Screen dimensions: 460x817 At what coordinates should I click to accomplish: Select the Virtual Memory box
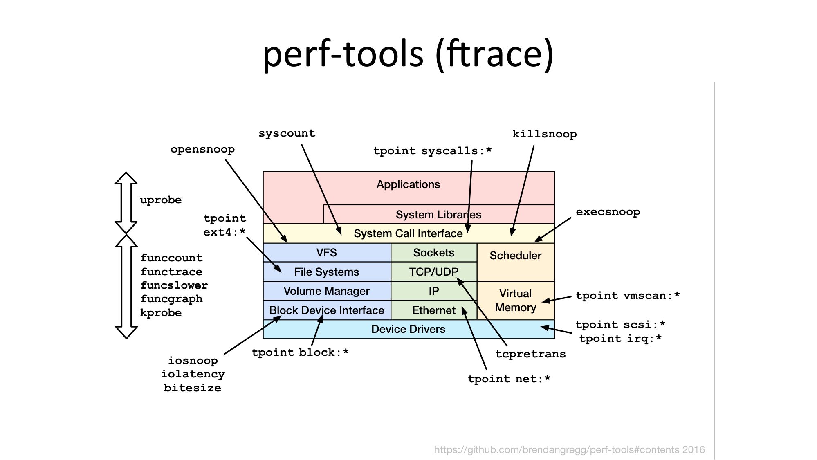[515, 301]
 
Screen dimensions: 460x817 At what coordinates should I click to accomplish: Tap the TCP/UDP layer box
[433, 272]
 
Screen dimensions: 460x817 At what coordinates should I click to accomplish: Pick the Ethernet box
[433, 310]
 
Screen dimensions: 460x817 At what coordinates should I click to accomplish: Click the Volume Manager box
[326, 291]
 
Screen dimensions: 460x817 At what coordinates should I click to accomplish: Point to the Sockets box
[433, 253]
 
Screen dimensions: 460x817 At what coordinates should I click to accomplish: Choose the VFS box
[326, 253]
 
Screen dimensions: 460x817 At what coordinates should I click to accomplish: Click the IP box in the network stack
[433, 291]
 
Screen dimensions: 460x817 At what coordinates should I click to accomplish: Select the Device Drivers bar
[408, 329]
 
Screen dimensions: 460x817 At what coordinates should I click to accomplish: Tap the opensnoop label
[202, 149]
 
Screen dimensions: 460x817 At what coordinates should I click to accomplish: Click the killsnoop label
[544, 134]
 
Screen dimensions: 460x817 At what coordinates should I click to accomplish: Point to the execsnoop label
[608, 212]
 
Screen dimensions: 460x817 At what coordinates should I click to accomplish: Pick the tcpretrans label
[530, 354]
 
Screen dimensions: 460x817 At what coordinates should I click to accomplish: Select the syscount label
[287, 134]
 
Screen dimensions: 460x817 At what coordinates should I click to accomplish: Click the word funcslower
[174, 285]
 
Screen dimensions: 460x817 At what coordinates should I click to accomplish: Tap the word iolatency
[193, 374]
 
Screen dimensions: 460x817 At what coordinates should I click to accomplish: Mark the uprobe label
[161, 200]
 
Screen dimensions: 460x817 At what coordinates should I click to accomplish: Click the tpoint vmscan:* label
[628, 296]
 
